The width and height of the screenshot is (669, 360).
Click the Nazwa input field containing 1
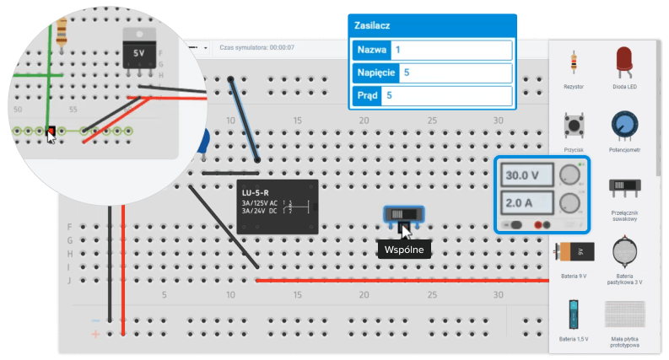[451, 50]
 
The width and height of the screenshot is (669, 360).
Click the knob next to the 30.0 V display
[571, 175]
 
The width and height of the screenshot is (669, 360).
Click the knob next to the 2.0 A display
[571, 202]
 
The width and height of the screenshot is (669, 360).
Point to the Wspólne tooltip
[404, 250]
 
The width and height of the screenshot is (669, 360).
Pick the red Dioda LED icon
[624, 62]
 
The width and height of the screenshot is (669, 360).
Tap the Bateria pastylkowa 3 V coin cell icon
[624, 251]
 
